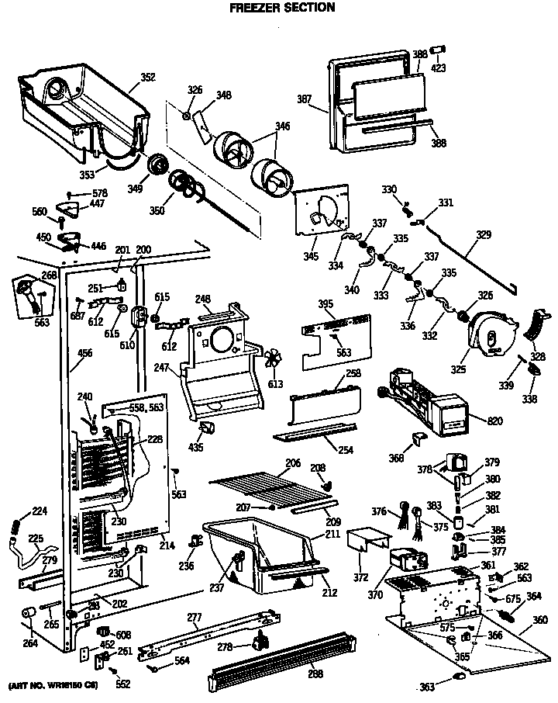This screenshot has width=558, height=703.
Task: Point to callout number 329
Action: pyautogui.click(x=483, y=234)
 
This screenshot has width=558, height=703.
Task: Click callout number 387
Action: pyautogui.click(x=303, y=99)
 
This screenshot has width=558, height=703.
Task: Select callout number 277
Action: pyautogui.click(x=194, y=618)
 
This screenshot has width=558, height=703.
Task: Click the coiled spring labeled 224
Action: pyautogui.click(x=13, y=526)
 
